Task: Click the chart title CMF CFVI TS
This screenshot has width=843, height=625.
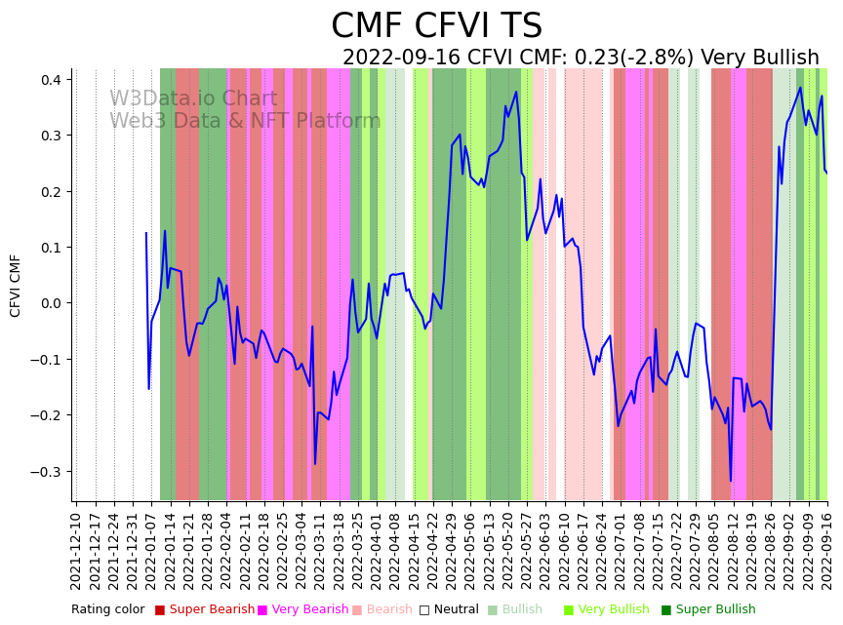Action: (x=436, y=26)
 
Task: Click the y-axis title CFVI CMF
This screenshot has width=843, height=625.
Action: (x=16, y=285)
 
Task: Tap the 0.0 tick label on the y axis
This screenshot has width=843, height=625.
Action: (x=51, y=303)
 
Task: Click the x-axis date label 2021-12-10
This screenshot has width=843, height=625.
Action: (x=77, y=547)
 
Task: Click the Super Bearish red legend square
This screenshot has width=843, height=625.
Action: (x=160, y=610)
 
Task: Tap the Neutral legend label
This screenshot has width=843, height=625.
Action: (x=456, y=610)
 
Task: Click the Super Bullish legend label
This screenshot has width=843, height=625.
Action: (x=715, y=610)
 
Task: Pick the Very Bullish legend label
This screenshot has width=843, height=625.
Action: (x=613, y=610)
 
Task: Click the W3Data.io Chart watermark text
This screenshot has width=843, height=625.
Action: (x=193, y=99)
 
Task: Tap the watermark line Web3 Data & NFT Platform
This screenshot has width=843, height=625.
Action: (x=245, y=122)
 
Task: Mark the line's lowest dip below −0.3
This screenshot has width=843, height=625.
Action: (x=730, y=481)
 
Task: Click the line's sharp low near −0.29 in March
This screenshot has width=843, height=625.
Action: (x=315, y=464)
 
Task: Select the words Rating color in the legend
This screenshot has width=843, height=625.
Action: (x=107, y=610)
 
